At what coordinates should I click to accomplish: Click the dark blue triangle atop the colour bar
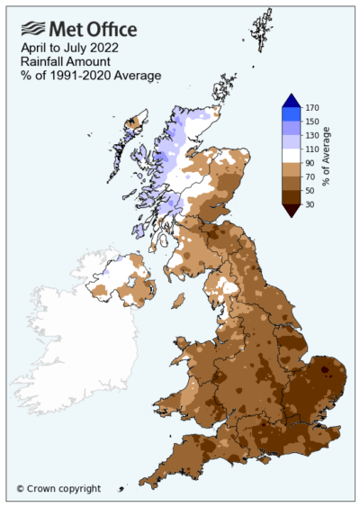pos(290,101)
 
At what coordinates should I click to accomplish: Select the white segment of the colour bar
pos(290,158)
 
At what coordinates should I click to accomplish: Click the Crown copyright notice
pos(58,489)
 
